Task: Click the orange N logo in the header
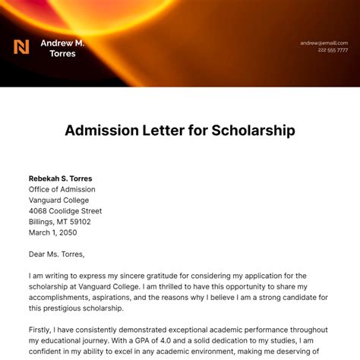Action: tap(21, 47)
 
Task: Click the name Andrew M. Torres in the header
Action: tap(62, 48)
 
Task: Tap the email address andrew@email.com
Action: tap(323, 43)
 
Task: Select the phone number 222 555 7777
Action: tap(333, 50)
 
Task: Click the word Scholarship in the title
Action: tap(251, 130)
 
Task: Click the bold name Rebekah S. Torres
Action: tap(61, 178)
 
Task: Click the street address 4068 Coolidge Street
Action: tap(65, 211)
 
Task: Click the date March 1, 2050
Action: tap(53, 232)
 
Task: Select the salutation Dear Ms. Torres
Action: tap(57, 254)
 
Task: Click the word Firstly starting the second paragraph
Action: tap(43, 330)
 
